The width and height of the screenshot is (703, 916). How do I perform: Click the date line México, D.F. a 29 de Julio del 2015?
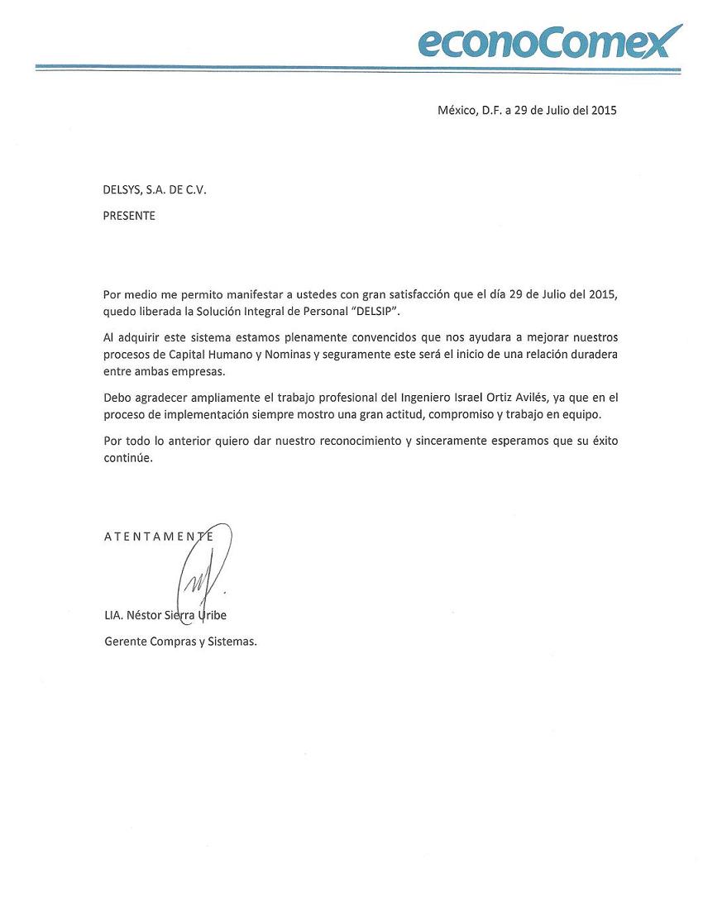(x=527, y=110)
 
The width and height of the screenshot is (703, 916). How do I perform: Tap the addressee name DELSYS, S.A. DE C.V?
(x=155, y=189)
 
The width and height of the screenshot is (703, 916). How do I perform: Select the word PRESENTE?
(x=129, y=216)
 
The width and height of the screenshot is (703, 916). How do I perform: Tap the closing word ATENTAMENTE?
(x=159, y=537)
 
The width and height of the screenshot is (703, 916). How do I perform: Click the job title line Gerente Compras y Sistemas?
(x=180, y=641)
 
